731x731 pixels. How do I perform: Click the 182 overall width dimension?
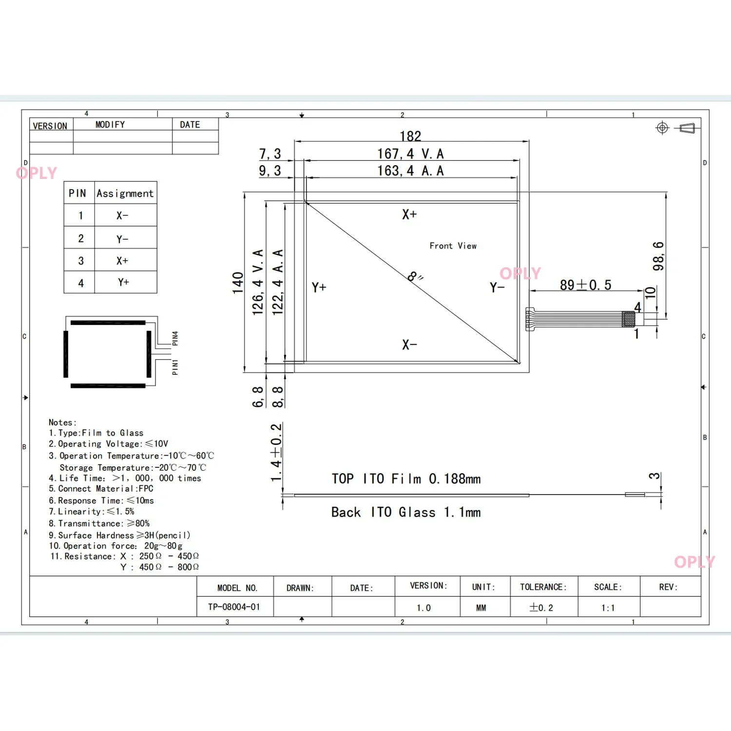(410, 136)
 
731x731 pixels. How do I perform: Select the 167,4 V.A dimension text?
(410, 154)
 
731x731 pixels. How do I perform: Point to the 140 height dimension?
(238, 283)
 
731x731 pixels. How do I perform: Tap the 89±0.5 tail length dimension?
(585, 285)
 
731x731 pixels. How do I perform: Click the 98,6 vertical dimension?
(658, 256)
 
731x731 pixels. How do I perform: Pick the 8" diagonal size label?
(415, 277)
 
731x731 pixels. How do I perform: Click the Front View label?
(453, 246)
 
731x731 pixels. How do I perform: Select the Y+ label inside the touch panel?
(319, 287)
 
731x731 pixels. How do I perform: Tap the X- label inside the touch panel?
(409, 345)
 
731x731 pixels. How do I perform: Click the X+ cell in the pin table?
(122, 261)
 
